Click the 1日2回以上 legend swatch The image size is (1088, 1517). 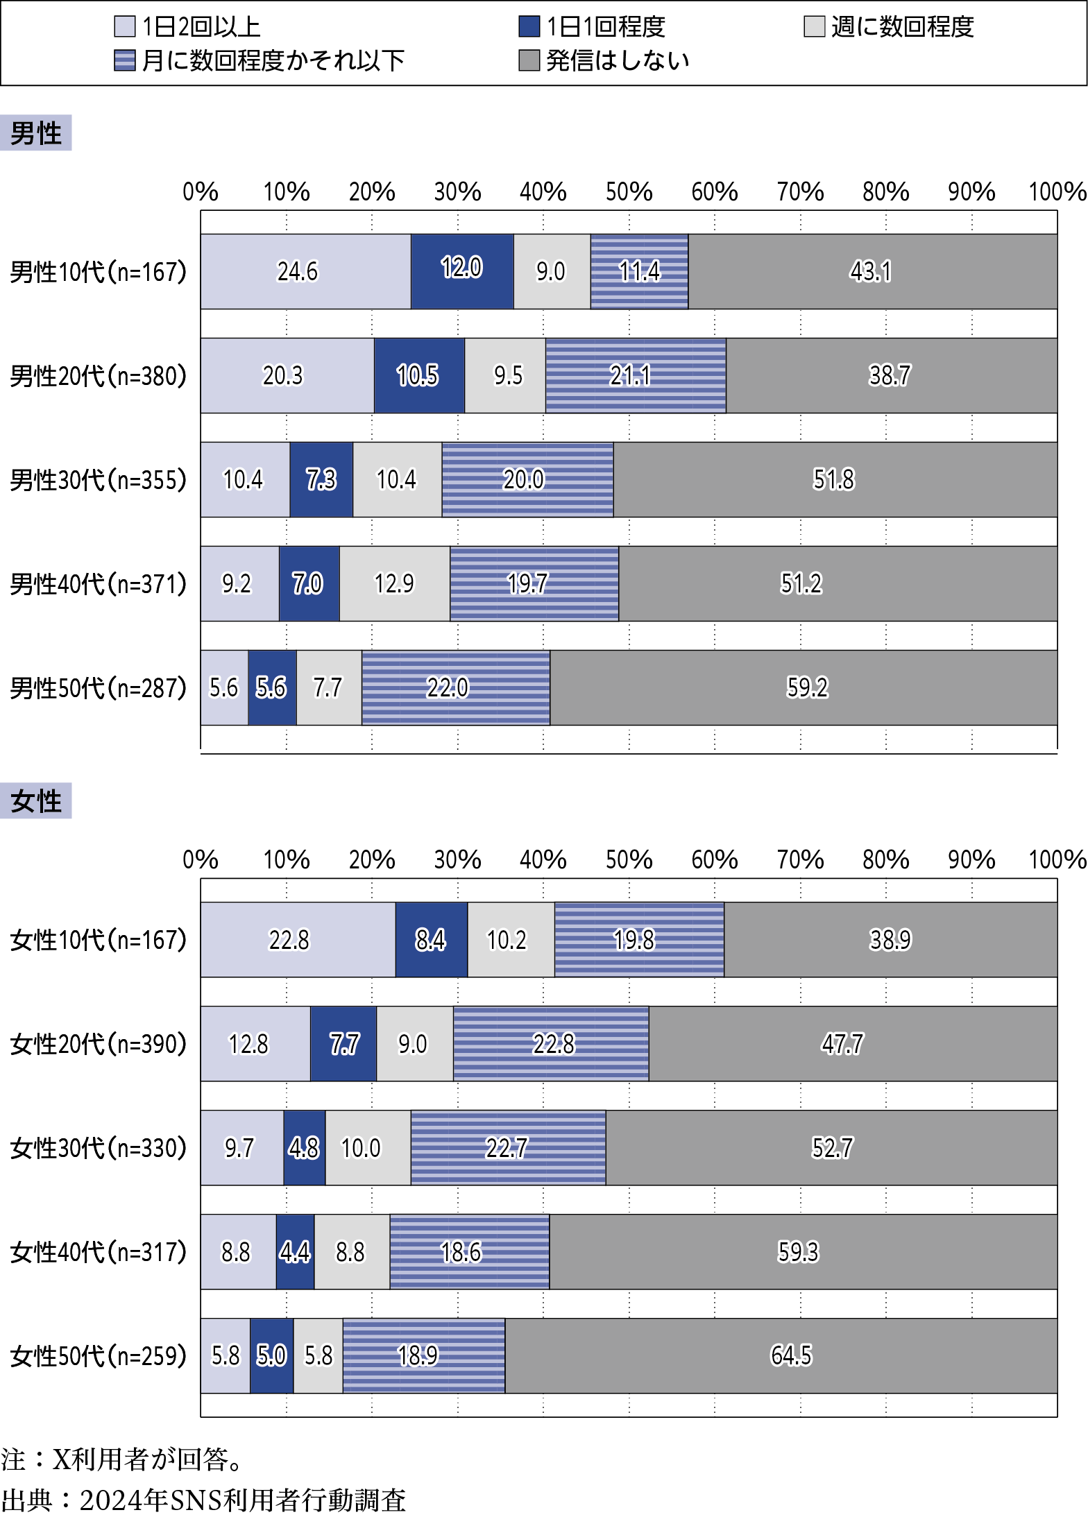pos(124,26)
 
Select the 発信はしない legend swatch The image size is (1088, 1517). pos(529,60)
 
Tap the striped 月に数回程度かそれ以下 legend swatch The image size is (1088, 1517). pos(124,60)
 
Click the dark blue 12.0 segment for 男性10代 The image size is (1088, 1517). pos(462,271)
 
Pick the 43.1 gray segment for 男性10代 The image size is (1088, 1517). pos(872,271)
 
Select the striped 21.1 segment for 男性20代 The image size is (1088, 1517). pos(636,375)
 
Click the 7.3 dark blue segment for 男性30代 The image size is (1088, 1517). pos(321,479)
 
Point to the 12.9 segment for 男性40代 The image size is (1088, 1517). pos(394,583)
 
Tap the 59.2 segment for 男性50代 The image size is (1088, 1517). pos(804,687)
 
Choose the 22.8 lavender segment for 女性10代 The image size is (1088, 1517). pos(298,940)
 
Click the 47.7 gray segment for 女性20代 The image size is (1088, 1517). pos(853,1044)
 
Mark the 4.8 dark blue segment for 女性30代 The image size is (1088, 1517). pos(304,1148)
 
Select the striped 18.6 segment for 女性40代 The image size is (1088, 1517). pos(470,1252)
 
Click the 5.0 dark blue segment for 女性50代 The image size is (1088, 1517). pos(271,1355)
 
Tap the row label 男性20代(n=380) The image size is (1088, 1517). pos(99,376)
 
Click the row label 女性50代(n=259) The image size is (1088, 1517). pos(99,1356)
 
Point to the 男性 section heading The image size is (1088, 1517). pos(36,132)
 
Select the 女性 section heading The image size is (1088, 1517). pos(36,801)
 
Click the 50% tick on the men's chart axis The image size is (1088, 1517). pos(629,191)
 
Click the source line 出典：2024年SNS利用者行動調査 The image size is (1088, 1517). pos(203,1500)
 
